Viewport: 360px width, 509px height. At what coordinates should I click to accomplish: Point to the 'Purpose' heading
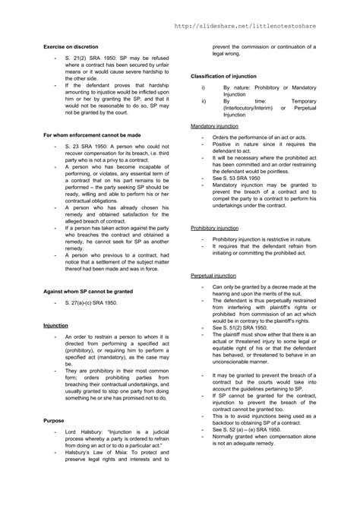pos(54,419)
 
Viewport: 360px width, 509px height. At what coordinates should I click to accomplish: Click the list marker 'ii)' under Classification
pos(204,100)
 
